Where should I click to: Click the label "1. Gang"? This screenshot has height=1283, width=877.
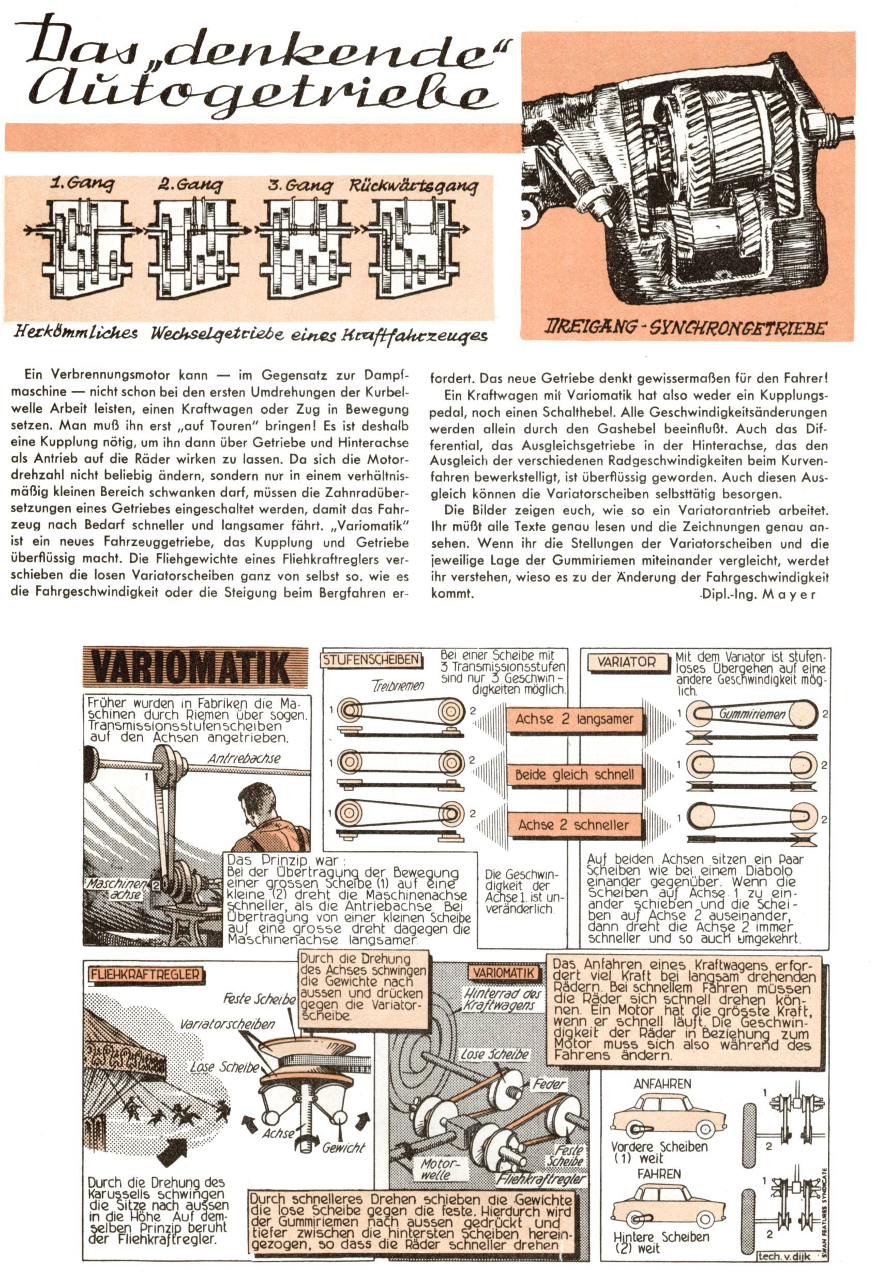pyautogui.click(x=83, y=183)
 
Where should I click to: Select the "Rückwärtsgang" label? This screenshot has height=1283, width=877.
pyautogui.click(x=413, y=186)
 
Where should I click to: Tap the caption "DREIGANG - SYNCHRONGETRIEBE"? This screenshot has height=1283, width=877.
pyautogui.click(x=687, y=328)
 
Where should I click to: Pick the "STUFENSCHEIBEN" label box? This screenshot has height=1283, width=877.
pyautogui.click(x=371, y=660)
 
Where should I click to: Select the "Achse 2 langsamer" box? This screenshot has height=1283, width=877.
pyautogui.click(x=574, y=719)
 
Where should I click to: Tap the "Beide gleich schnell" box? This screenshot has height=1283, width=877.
pyautogui.click(x=574, y=774)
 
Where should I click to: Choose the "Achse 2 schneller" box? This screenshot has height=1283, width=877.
pyautogui.click(x=574, y=825)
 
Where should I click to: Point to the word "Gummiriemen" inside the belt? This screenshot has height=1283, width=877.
pyautogui.click(x=752, y=714)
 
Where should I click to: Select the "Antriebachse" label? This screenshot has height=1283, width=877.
pyautogui.click(x=244, y=758)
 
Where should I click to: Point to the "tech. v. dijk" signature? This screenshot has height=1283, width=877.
pyautogui.click(x=784, y=1257)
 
